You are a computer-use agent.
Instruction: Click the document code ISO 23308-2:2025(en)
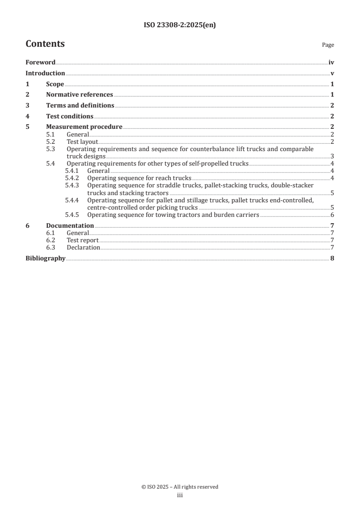(180, 25)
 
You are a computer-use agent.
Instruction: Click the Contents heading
(45, 44)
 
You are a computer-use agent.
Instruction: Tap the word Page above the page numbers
(328, 45)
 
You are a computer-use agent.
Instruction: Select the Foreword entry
(40, 63)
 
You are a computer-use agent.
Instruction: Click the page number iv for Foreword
(331, 63)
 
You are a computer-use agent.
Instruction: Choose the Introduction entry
(45, 73)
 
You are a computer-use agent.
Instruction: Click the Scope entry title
(55, 84)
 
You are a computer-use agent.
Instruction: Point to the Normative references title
(79, 95)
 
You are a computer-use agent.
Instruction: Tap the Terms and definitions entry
(80, 106)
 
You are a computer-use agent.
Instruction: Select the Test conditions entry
(69, 116)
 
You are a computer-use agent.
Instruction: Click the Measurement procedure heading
(84, 127)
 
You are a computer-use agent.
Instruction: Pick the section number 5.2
(51, 142)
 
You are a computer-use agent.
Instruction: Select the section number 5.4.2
(72, 178)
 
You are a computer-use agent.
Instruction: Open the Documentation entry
(70, 225)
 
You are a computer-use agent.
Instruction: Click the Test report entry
(83, 240)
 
